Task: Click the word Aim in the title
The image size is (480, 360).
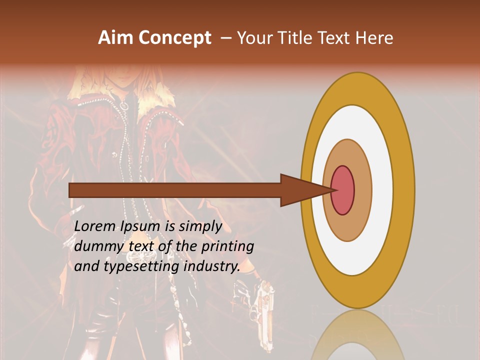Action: (x=116, y=38)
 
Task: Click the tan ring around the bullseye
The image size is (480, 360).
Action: (x=363, y=190)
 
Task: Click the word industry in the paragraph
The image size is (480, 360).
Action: (x=212, y=266)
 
